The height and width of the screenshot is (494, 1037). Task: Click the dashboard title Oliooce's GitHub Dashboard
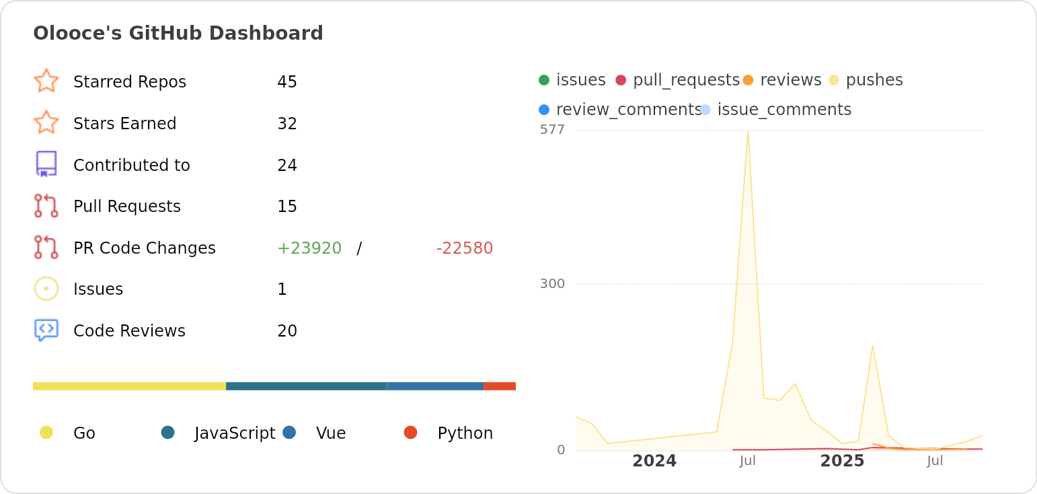click(178, 33)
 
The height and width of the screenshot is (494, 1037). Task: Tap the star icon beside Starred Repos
click(46, 81)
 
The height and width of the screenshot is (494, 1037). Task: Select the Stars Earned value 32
click(287, 124)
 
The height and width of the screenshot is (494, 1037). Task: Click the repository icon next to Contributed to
click(46, 164)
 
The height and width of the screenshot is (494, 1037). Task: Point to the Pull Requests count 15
click(287, 207)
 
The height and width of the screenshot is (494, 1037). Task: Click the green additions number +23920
click(309, 248)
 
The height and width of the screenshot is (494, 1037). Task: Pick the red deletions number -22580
click(465, 248)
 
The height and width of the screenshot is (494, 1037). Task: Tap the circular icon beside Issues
click(46, 289)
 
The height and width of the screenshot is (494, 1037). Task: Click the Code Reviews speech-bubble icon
click(46, 330)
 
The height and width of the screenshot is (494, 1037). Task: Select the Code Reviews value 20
click(287, 331)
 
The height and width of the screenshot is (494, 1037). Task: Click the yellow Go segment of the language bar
click(129, 386)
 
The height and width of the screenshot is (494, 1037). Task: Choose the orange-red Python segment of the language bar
click(500, 386)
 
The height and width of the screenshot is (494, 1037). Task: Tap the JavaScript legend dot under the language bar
click(168, 432)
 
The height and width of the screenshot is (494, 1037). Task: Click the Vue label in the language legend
click(331, 433)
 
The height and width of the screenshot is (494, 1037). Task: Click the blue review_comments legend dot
click(544, 110)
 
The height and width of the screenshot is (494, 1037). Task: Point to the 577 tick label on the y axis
click(552, 130)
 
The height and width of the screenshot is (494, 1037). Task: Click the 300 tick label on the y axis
click(552, 284)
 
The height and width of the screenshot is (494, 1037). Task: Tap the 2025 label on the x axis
click(842, 461)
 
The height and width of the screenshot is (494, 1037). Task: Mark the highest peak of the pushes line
click(748, 131)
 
